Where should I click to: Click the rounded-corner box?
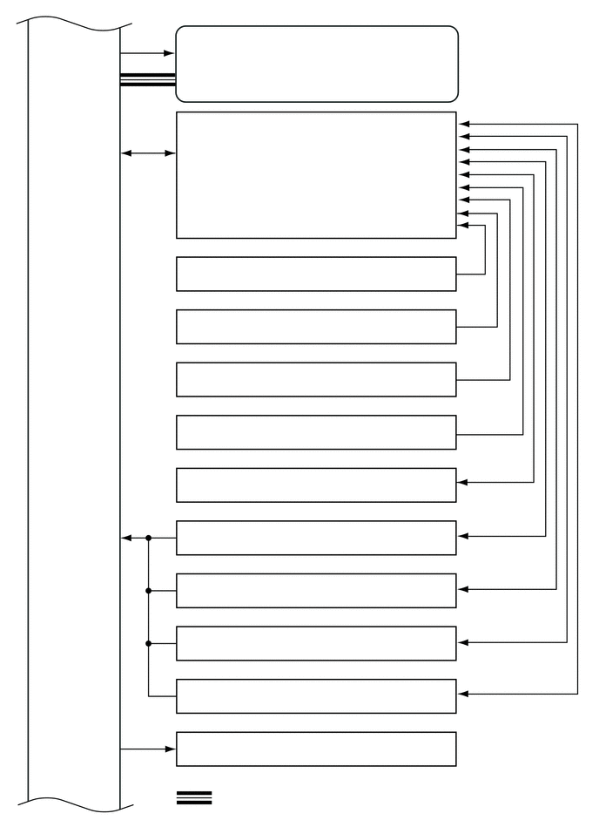(317, 64)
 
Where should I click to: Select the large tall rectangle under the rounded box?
(316, 174)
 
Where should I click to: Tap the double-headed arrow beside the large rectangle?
(148, 153)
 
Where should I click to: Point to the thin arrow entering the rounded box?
(148, 53)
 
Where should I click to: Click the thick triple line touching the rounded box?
(148, 80)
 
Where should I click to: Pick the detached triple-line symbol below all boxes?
(194, 797)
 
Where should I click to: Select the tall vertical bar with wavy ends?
(74, 410)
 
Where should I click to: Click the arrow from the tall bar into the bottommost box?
(148, 749)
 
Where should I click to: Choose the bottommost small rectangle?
(316, 749)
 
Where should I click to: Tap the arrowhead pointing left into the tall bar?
(126, 539)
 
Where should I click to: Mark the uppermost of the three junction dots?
(149, 539)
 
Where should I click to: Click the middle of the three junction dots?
(149, 591)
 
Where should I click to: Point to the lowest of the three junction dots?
(149, 644)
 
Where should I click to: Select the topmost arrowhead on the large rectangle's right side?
(462, 124)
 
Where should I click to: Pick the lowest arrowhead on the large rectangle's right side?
(462, 226)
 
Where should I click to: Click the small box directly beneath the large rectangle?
(316, 274)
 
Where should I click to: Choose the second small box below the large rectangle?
(316, 327)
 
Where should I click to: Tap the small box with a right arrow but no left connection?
(316, 485)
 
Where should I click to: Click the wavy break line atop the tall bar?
(74, 21)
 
